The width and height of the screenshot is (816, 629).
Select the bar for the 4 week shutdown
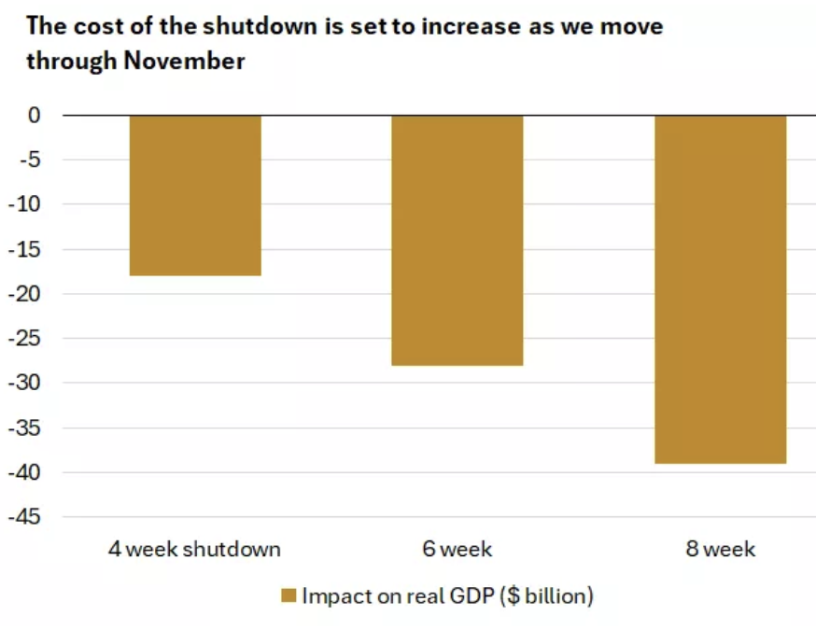pyautogui.click(x=194, y=195)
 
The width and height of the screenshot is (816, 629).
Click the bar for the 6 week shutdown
pyautogui.click(x=457, y=240)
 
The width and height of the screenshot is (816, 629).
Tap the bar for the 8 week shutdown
pyautogui.click(x=720, y=289)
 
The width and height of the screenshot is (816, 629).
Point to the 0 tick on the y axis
pyautogui.click(x=35, y=115)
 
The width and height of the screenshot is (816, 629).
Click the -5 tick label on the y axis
pyautogui.click(x=29, y=160)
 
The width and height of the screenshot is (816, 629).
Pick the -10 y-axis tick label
pyautogui.click(x=25, y=204)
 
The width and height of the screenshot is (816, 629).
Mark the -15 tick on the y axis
pyautogui.click(x=25, y=249)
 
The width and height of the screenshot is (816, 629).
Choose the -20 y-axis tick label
pyautogui.click(x=25, y=294)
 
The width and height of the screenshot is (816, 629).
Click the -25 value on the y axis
pyautogui.click(x=25, y=339)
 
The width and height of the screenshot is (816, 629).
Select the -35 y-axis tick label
pyautogui.click(x=25, y=428)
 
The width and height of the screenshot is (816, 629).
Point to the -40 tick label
pyautogui.click(x=25, y=472)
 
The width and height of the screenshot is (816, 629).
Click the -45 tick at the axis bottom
pyautogui.click(x=25, y=517)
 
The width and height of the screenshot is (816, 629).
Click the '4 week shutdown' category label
pyautogui.click(x=194, y=549)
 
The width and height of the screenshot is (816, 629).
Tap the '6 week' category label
pyautogui.click(x=457, y=549)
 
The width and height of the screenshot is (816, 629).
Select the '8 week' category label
pyautogui.click(x=720, y=549)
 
